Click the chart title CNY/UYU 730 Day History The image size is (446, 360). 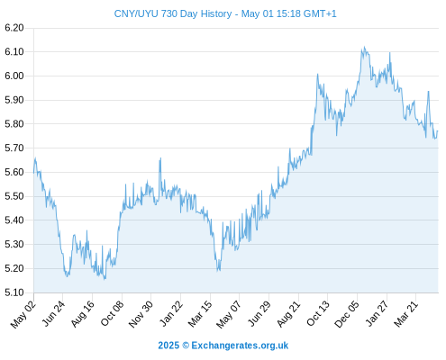click(x=173, y=13)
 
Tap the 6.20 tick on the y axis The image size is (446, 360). click(x=14, y=28)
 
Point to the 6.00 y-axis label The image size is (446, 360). click(x=14, y=76)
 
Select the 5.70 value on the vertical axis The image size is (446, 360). click(x=14, y=148)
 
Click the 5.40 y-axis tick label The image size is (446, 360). click(x=14, y=220)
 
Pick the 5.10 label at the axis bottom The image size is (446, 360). click(x=14, y=292)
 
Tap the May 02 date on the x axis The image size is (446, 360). click(x=23, y=314)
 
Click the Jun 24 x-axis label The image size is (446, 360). click(x=53, y=314)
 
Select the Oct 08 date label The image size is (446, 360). click(x=112, y=314)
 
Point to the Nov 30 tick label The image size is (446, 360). click(x=141, y=314)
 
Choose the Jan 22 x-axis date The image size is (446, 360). click(x=170, y=314)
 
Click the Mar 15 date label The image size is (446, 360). click(x=200, y=314)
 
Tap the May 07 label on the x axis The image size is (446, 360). click(x=229, y=314)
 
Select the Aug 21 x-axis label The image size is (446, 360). click(x=288, y=314)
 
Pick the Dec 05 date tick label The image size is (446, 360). click(x=347, y=314)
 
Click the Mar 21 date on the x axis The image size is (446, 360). click(x=405, y=314)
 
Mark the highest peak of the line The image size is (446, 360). click(x=365, y=47)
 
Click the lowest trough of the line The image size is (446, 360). click(x=105, y=279)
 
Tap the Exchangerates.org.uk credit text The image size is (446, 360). click(x=240, y=346)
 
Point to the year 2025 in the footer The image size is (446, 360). click(x=168, y=346)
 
